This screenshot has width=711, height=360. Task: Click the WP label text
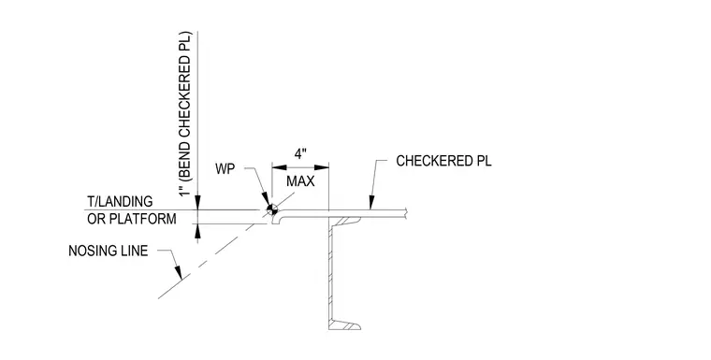[x=225, y=169]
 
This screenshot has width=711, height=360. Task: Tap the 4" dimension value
[x=300, y=154]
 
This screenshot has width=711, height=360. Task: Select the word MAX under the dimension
[x=300, y=181]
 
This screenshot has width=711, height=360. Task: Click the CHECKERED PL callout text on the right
[x=443, y=161]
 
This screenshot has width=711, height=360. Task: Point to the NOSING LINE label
[x=109, y=251]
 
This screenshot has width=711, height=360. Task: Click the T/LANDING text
[x=120, y=201]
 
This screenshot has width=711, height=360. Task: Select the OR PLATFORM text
[x=132, y=219]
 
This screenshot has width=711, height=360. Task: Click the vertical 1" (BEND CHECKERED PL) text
[x=186, y=113]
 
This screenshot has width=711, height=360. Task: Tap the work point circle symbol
[x=272, y=209]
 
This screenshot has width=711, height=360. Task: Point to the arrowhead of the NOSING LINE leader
[x=178, y=271]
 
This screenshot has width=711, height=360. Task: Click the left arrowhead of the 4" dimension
[x=279, y=167]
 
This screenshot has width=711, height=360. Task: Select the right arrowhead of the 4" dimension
[x=322, y=167]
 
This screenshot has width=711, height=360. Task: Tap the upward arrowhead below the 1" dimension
[x=197, y=231]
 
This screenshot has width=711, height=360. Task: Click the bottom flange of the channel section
[x=344, y=325]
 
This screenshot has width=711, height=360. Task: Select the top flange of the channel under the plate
[x=344, y=220]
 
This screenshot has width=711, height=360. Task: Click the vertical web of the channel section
[x=330, y=272]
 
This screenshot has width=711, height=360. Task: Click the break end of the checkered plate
[x=407, y=213]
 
